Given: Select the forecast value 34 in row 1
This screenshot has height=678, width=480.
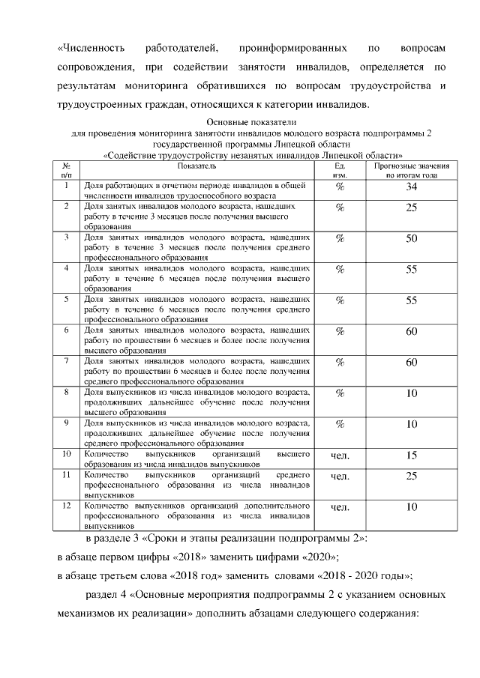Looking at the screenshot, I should tap(411, 187).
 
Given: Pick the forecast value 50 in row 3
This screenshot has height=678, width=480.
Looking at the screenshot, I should tap(411, 239).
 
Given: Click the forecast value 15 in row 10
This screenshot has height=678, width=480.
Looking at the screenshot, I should tap(411, 455).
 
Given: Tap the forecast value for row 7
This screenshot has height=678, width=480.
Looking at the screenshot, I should tap(411, 363).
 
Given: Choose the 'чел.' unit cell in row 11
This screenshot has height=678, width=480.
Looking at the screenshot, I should tap(340, 476).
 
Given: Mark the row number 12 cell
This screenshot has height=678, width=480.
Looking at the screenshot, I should tap(67, 506).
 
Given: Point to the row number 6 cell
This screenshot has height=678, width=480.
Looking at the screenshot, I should tap(67, 330).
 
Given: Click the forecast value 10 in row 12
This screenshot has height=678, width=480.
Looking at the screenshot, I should tap(411, 508).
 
